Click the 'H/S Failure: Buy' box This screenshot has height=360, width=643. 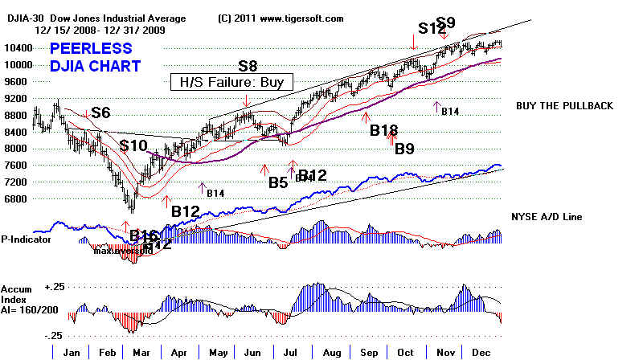pos(232,82)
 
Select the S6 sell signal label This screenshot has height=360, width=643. pos(101,113)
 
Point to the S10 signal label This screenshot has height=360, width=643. pos(133,145)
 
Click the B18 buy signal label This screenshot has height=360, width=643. pos(384,130)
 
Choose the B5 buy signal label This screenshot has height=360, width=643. pos(278,182)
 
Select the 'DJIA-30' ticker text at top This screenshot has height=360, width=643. pos(18,18)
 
